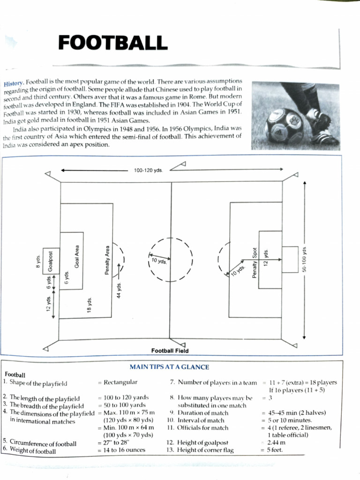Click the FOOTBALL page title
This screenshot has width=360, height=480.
point(113,43)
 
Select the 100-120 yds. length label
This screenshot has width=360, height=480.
point(148,170)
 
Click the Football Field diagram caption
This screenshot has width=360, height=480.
point(170,351)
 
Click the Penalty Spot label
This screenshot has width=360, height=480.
point(255,263)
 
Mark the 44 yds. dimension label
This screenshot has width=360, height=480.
point(119,289)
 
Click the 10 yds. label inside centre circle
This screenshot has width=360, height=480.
point(159,261)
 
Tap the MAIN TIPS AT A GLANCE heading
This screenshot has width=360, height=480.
point(169,367)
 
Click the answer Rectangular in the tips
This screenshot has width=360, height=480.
point(120,382)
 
